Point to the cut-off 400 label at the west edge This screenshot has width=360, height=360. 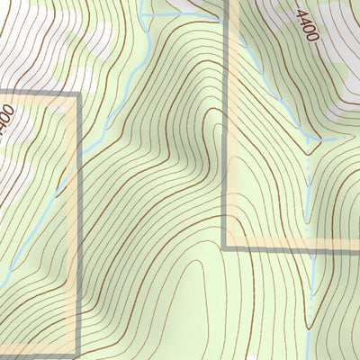(x=5, y=118)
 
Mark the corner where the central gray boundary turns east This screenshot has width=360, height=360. (x=224, y=246)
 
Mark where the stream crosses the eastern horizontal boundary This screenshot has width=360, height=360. (x=310, y=245)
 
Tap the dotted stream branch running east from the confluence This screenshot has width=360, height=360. (x=333, y=138)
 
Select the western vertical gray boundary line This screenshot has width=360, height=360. (x=78, y=225)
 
